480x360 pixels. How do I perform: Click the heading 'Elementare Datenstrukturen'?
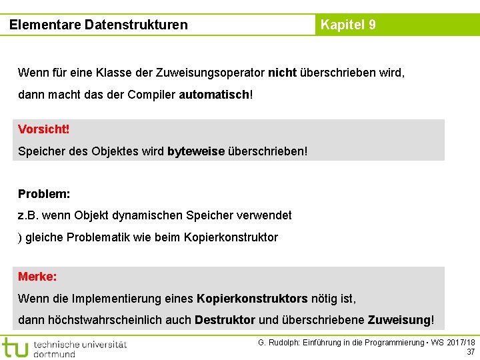click(x=99, y=25)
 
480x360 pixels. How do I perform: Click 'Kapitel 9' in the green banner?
click(x=348, y=25)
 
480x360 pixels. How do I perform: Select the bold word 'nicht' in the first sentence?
click(x=282, y=72)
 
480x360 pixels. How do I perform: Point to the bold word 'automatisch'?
click(x=213, y=95)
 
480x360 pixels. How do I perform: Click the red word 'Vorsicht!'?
click(x=43, y=129)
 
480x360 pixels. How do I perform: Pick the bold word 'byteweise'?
click(x=196, y=151)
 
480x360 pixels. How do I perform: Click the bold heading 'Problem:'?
click(x=44, y=194)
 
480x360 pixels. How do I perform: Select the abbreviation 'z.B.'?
click(x=29, y=215)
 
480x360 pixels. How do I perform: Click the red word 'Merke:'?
click(x=37, y=276)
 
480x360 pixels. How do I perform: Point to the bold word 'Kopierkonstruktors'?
click(x=252, y=299)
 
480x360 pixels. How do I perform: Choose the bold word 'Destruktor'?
click(x=225, y=320)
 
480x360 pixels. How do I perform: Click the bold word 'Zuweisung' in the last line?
click(x=399, y=320)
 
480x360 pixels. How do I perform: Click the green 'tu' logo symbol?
click(x=15, y=347)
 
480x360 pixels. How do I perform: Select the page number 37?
click(x=471, y=352)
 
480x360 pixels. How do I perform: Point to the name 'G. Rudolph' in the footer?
click(x=277, y=343)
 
